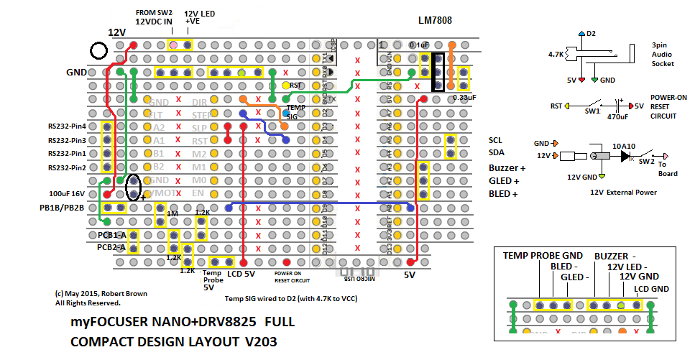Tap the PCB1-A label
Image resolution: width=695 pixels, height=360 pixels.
pos(111,235)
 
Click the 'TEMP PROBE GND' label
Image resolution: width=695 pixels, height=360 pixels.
pos(543,255)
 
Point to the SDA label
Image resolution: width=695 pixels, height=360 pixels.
pos(497,153)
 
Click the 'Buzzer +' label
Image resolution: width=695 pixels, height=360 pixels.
pos(505,167)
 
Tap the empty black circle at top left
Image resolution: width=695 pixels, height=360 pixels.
pos(99,51)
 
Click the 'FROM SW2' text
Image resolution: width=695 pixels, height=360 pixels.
pos(155,13)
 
